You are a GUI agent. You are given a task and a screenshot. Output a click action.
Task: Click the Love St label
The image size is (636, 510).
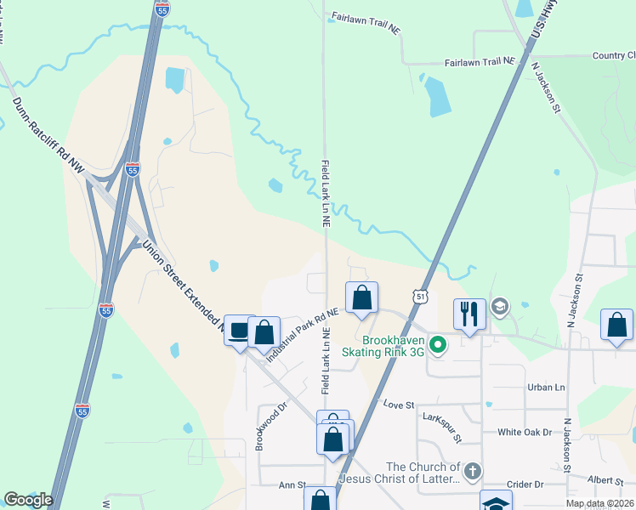coord(399,405)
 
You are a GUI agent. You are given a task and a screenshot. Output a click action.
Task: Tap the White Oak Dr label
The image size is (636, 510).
coord(525,432)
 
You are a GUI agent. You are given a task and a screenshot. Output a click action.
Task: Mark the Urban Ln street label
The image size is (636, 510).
coord(546,388)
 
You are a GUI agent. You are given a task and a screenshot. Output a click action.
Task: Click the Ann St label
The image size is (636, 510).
coord(292,485)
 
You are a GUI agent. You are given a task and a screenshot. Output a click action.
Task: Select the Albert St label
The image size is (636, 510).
coord(605,479)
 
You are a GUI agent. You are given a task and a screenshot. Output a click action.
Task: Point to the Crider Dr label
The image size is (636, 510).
coord(525,484)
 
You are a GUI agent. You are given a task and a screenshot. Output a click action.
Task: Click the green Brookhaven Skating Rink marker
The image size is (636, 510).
coord(438,344)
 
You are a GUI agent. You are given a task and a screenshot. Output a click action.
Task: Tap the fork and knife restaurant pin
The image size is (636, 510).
coord(469,314)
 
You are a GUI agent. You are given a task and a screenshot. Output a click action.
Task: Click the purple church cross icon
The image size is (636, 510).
coord(474,470)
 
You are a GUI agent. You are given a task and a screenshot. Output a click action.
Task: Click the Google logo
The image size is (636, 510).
coord(28,500)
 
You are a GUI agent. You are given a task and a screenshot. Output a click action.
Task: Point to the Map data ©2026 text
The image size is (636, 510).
coord(599,503)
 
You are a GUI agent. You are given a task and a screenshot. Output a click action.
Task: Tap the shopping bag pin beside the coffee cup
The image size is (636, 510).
coord(264,332)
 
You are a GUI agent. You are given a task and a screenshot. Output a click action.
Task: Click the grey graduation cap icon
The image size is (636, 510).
coord(501,305)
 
